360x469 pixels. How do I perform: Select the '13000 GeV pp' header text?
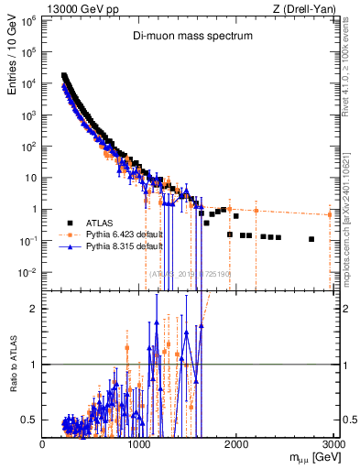pos(83,8)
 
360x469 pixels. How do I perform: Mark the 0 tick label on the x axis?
pos(42,444)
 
